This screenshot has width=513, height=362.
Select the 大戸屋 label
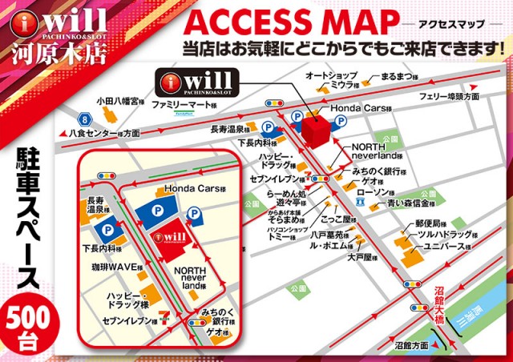coord(362,258)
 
